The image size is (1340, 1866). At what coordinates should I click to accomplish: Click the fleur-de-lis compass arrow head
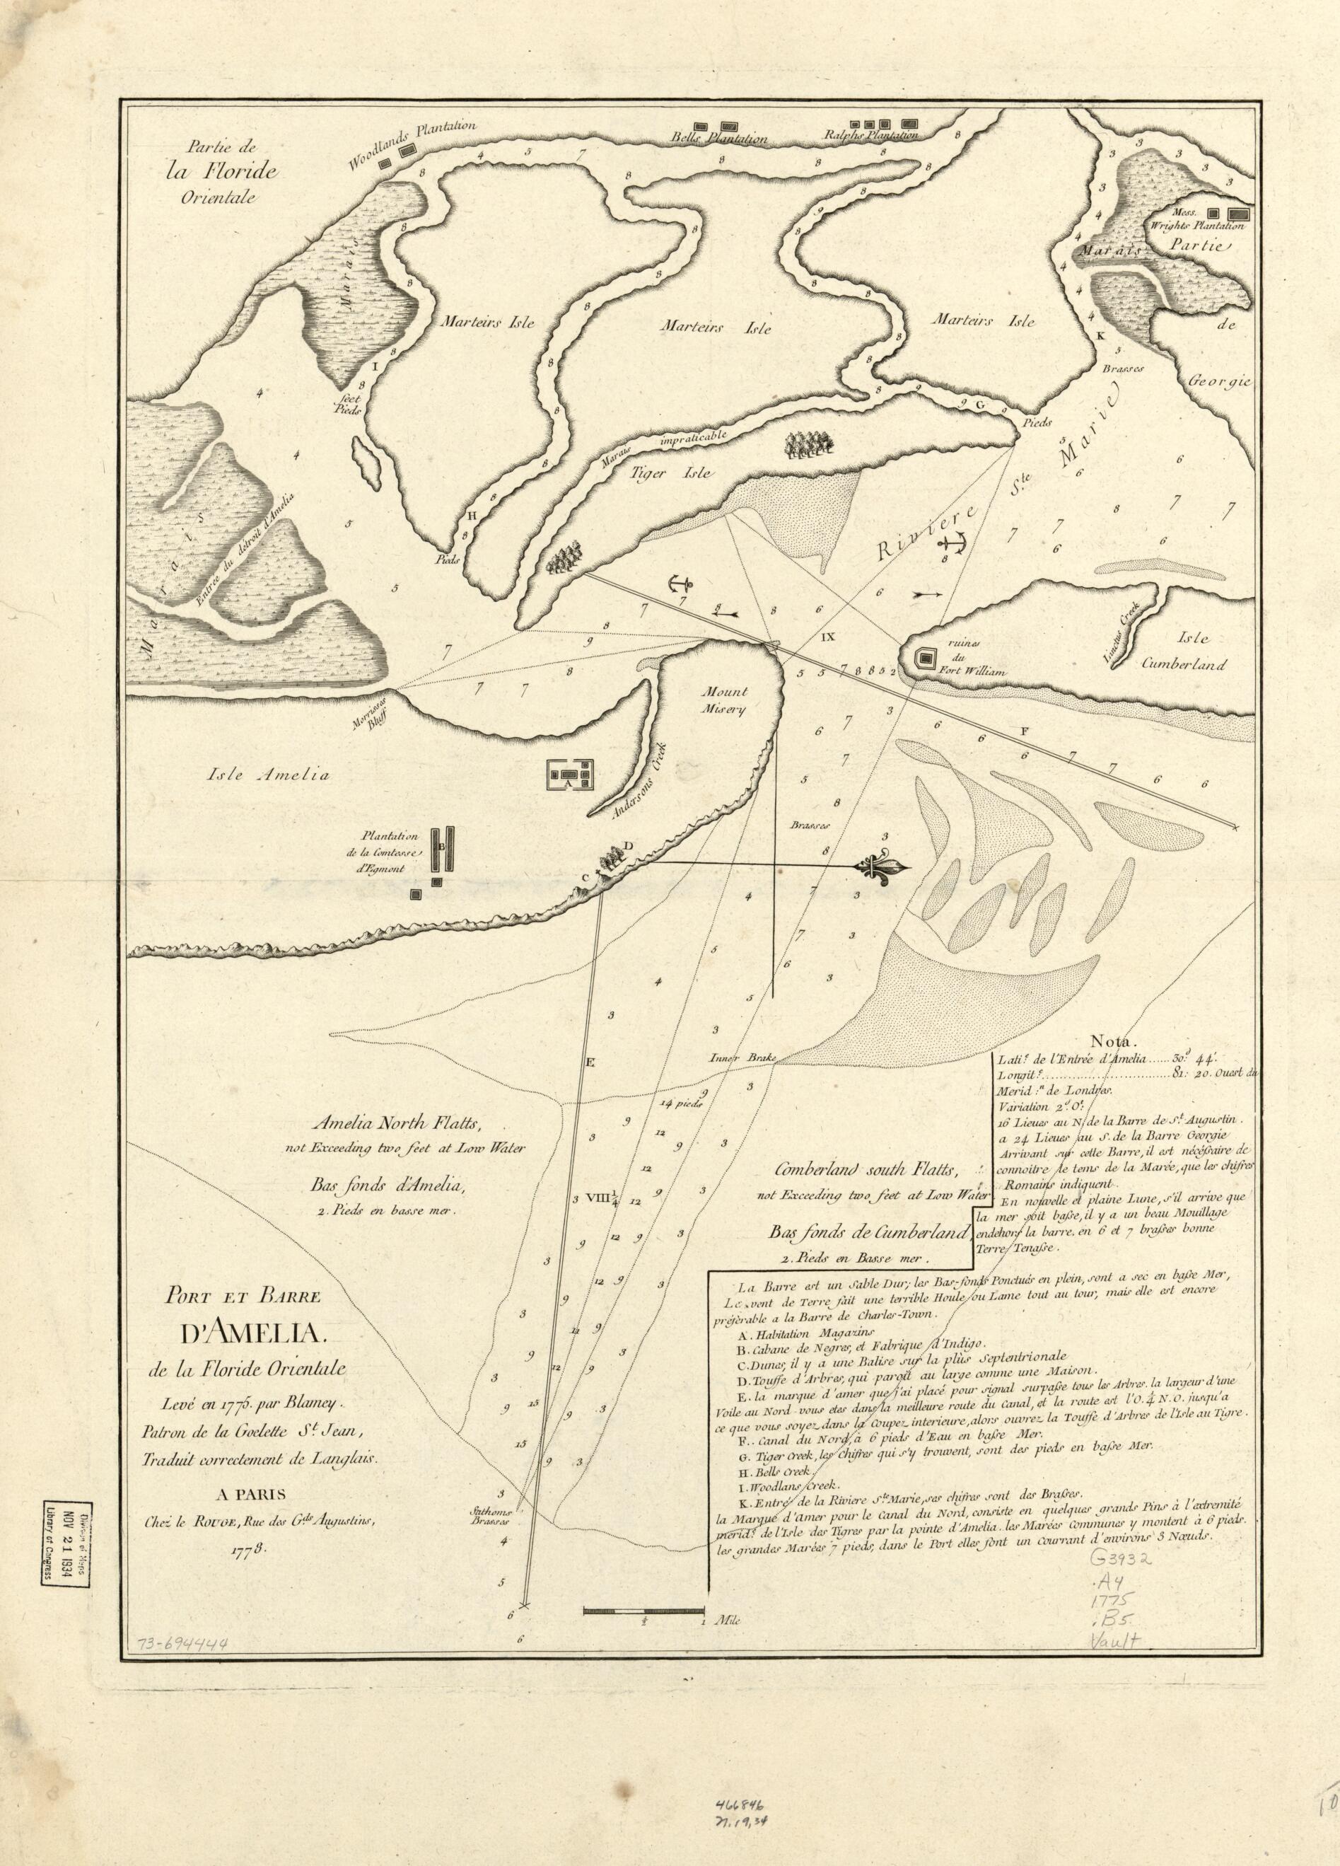coord(885,867)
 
